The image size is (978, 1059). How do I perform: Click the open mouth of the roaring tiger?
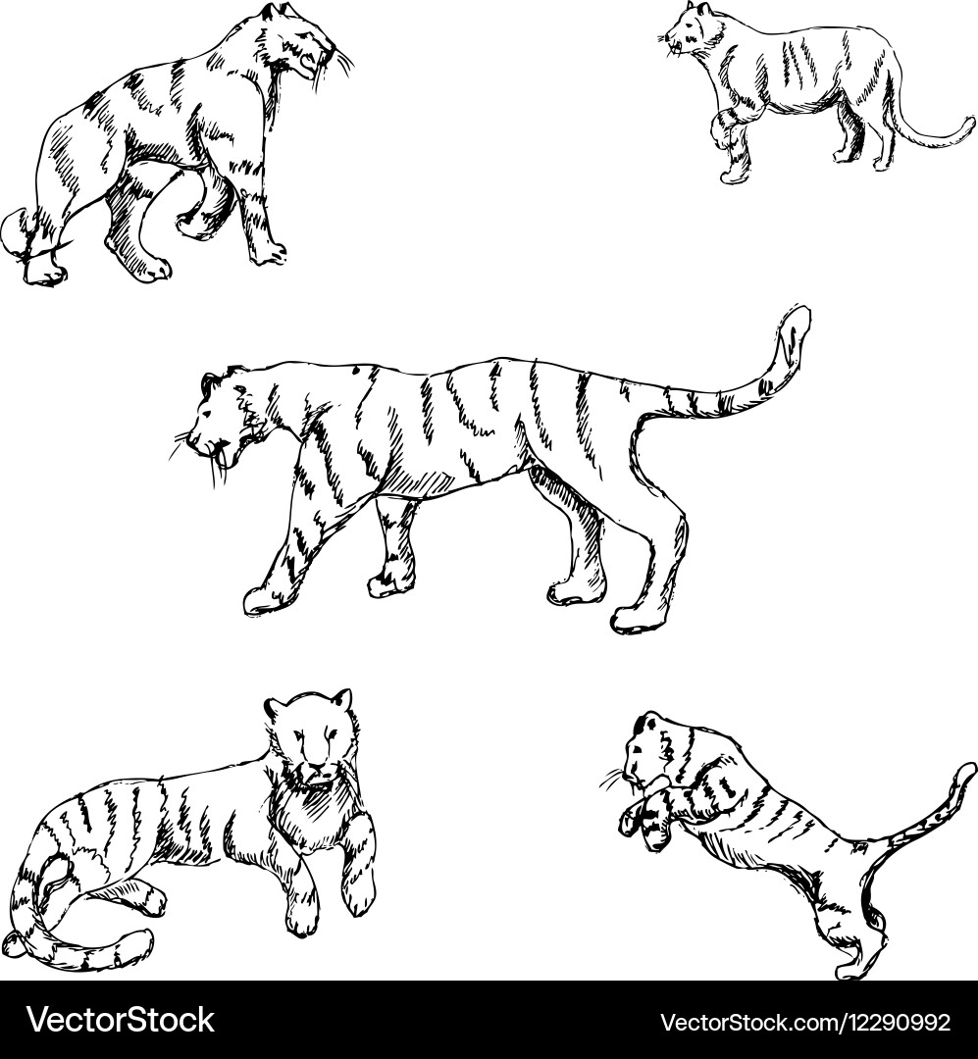click(308, 64)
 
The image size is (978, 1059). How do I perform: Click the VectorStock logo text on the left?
click(121, 1020)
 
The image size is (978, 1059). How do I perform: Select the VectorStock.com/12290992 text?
click(805, 1022)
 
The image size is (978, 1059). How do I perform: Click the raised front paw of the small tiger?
click(727, 129)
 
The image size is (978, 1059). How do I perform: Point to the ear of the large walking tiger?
click(210, 383)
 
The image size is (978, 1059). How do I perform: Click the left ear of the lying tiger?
click(275, 709)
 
